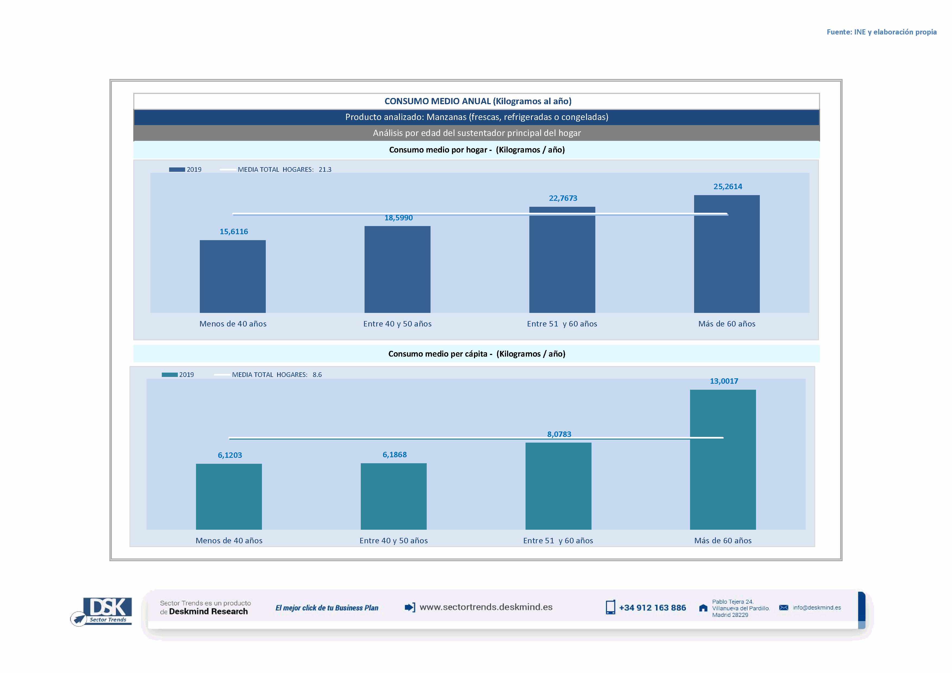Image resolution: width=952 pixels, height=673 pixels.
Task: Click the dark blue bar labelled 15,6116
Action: (x=233, y=277)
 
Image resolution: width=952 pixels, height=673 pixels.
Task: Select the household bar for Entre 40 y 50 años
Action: (x=397, y=269)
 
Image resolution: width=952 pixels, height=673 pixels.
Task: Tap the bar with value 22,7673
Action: (x=562, y=260)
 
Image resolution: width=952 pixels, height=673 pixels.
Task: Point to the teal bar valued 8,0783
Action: (x=558, y=486)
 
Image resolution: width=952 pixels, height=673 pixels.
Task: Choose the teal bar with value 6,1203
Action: (x=229, y=496)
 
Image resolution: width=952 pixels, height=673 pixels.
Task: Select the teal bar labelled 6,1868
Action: (x=394, y=496)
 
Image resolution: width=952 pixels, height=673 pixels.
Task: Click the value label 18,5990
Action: (x=398, y=218)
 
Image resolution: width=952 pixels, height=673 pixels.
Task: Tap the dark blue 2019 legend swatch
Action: (x=177, y=170)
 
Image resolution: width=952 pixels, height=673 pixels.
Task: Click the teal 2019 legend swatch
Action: (x=170, y=374)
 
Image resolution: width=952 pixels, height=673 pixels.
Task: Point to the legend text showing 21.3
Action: (x=325, y=170)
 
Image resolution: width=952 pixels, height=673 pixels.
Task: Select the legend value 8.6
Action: (x=317, y=374)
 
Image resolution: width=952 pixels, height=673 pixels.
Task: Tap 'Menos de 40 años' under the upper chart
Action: (x=233, y=324)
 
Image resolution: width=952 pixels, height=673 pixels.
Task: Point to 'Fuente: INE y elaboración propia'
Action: (x=881, y=32)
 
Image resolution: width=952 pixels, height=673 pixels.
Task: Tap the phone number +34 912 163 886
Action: (x=652, y=608)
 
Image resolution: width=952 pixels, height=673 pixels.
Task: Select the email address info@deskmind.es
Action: (x=817, y=608)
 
